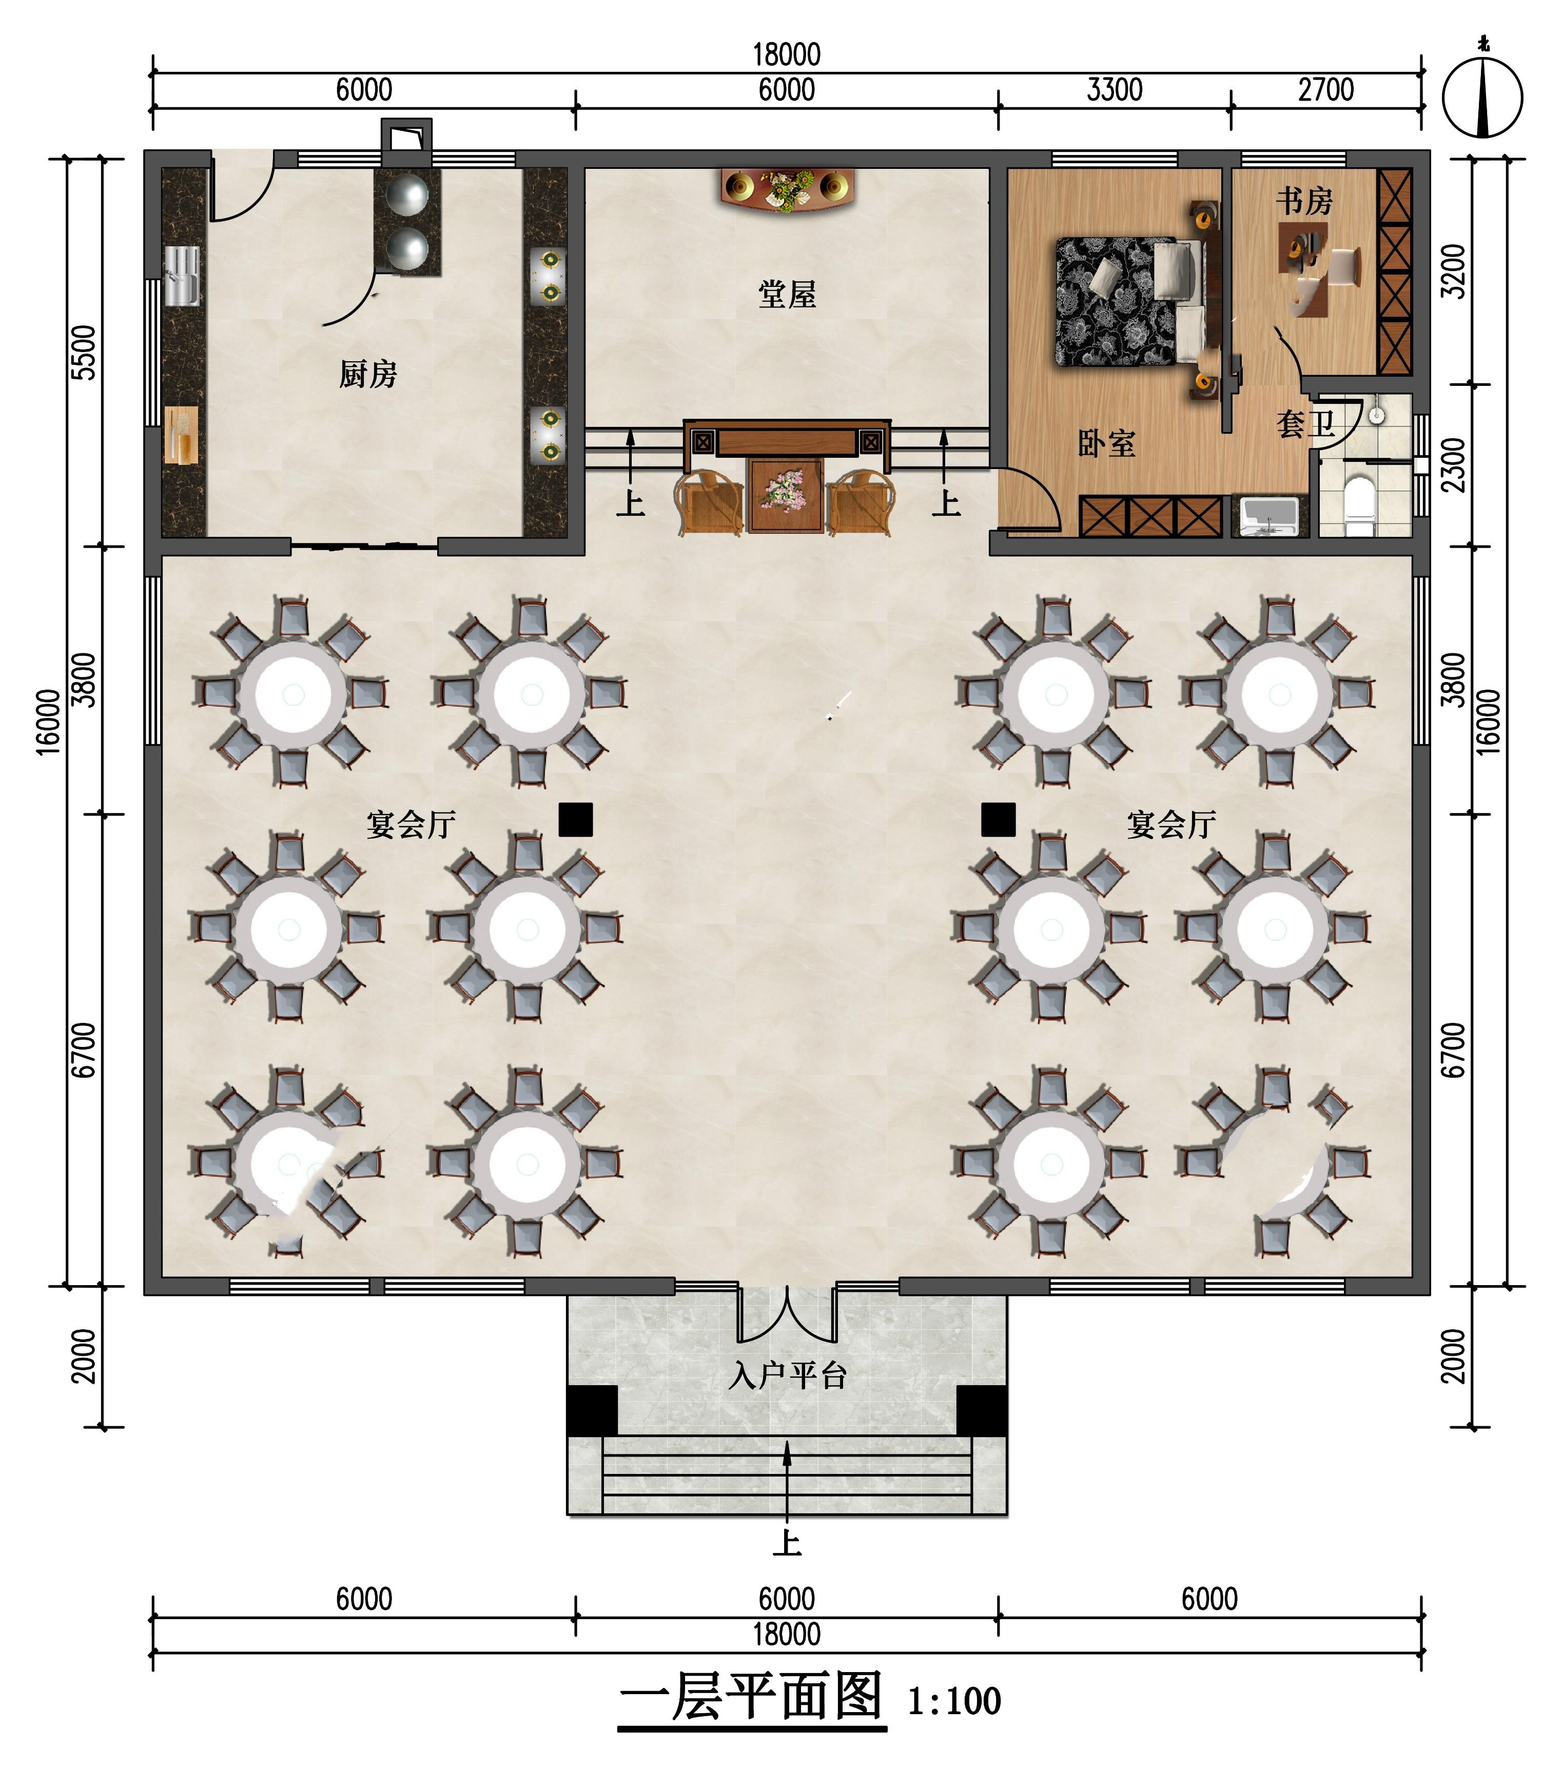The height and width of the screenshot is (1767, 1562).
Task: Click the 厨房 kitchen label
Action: point(368,374)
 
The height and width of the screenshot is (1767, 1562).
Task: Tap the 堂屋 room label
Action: point(787,295)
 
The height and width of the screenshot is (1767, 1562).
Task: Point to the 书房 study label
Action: point(1304,201)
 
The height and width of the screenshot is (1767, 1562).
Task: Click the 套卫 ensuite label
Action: point(1306,423)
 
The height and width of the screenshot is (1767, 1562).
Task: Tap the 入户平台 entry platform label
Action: point(787,1375)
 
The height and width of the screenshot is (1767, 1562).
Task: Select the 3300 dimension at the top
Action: point(1114,90)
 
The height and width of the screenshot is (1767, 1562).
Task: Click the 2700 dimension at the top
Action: point(1326,90)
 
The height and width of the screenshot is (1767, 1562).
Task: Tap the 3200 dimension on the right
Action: point(1455,271)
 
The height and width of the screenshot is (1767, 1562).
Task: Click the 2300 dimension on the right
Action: point(1455,465)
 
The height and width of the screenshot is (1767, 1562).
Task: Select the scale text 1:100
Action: point(954,1701)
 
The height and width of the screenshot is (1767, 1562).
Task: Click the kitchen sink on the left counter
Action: point(182,275)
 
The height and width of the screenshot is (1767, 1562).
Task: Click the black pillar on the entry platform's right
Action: point(982,1410)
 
